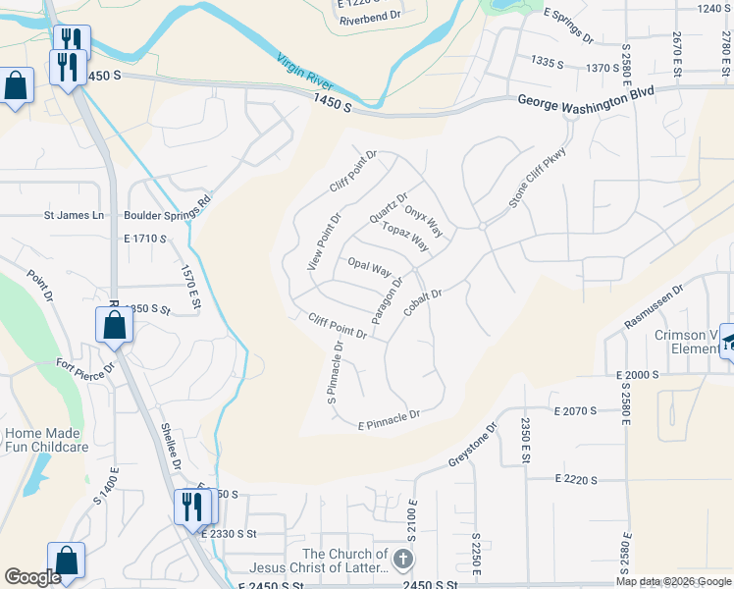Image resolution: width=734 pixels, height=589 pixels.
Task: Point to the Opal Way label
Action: tap(370, 267)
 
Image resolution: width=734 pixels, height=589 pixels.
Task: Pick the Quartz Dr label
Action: tap(388, 208)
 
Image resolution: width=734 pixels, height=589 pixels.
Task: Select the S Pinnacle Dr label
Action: tap(337, 373)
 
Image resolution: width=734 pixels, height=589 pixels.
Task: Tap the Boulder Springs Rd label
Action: tap(167, 210)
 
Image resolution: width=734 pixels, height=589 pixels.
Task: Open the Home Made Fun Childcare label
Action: tap(47, 440)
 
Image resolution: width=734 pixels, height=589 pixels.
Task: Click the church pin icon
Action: tap(403, 560)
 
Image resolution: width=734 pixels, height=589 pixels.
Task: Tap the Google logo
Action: tap(32, 577)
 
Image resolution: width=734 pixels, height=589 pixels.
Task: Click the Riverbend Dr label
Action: tap(364, 18)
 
